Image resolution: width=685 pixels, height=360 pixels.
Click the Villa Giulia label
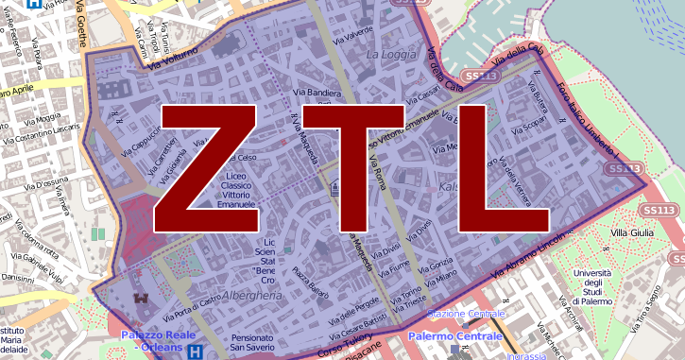coord(632,232)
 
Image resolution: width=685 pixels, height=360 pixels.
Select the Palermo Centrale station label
coord(455,336)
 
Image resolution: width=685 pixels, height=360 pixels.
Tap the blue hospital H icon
coord(195,352)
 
